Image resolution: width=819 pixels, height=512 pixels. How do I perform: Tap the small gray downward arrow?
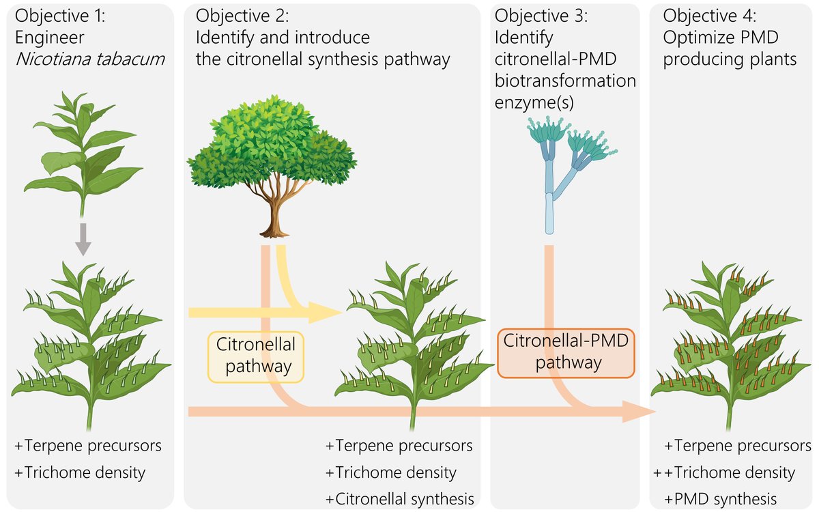83,239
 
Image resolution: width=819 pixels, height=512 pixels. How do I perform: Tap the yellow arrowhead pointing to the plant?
326,313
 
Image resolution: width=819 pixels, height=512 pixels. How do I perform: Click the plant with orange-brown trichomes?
730,341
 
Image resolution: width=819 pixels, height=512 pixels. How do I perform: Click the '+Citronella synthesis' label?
399,498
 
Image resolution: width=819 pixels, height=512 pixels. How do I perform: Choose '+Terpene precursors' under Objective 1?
88,446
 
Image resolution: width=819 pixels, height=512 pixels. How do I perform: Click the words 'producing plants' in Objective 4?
730,59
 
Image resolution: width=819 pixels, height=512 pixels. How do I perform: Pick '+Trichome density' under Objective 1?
80,472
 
